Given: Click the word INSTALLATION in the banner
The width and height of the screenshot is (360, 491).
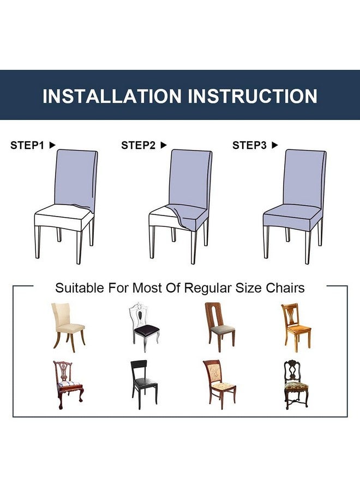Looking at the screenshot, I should (112, 96).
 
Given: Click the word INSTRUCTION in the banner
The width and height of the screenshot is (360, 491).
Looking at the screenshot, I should (253, 96).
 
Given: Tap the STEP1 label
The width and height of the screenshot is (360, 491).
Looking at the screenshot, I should (27, 145).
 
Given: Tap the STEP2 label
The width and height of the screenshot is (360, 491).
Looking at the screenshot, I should (139, 145).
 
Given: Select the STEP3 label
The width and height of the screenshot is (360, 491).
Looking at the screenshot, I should (250, 145).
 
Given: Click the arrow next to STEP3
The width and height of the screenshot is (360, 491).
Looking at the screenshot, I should (275, 145).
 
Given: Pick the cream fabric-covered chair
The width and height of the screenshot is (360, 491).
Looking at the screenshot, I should (68, 325).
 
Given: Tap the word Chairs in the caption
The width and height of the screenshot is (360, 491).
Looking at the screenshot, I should (285, 288).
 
